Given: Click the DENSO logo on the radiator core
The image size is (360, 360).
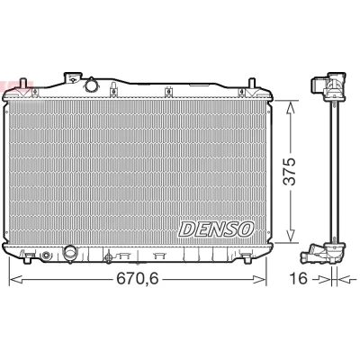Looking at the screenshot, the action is tap(216, 229).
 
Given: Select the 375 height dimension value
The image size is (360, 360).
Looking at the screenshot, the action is tap(290, 171).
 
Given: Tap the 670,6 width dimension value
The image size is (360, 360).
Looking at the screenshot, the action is tap(137, 279).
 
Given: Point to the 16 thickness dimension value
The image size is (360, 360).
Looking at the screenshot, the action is tap(299, 279).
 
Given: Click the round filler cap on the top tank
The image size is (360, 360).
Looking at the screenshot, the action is tap(91, 85).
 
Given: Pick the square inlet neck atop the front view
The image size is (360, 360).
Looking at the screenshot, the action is tap(73, 77).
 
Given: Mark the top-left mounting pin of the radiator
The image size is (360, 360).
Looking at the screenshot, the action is tap(22, 84).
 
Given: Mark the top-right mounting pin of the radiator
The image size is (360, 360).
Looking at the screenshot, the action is tap(252, 83).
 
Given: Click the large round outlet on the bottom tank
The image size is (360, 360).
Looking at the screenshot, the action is tap(70, 254).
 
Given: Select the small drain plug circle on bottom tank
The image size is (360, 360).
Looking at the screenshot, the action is tap(46, 256).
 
